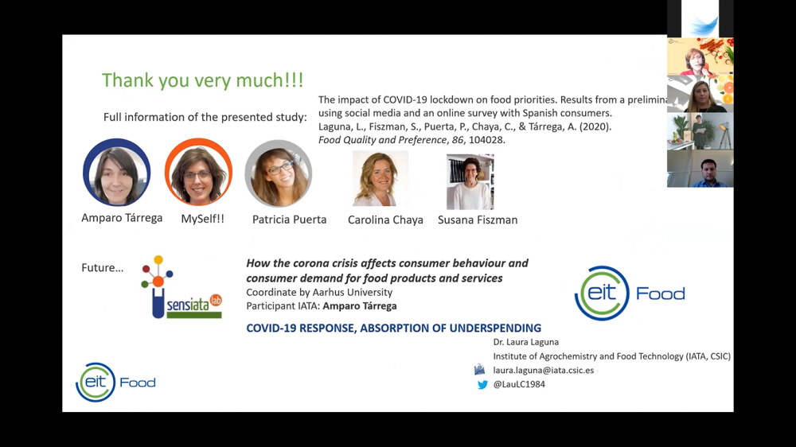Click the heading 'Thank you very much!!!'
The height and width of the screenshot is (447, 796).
[202, 80]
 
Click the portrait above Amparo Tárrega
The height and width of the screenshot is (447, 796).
[116, 173]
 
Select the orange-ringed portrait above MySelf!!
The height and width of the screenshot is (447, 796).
[198, 173]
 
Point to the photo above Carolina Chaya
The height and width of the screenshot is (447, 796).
[380, 179]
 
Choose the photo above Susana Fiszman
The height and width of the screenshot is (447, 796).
[470, 181]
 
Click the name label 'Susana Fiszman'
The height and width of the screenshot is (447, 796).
[478, 220]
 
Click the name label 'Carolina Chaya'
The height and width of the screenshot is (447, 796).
[385, 220]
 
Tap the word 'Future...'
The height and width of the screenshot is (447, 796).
[102, 268]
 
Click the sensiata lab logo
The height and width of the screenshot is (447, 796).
[181, 289]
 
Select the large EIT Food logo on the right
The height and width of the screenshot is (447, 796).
[630, 293]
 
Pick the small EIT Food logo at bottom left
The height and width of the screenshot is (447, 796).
[115, 383]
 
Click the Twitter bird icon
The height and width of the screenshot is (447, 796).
[482, 385]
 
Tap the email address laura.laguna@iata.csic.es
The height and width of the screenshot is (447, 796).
[543, 370]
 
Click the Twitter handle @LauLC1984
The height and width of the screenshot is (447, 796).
[519, 385]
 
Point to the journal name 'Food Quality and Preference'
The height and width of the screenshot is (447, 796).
[382, 140]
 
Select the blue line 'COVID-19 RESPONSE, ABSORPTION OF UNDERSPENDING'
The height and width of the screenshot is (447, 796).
[393, 328]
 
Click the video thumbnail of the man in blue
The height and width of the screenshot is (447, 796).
[700, 169]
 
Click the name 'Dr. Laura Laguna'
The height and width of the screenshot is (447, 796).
[525, 342]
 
